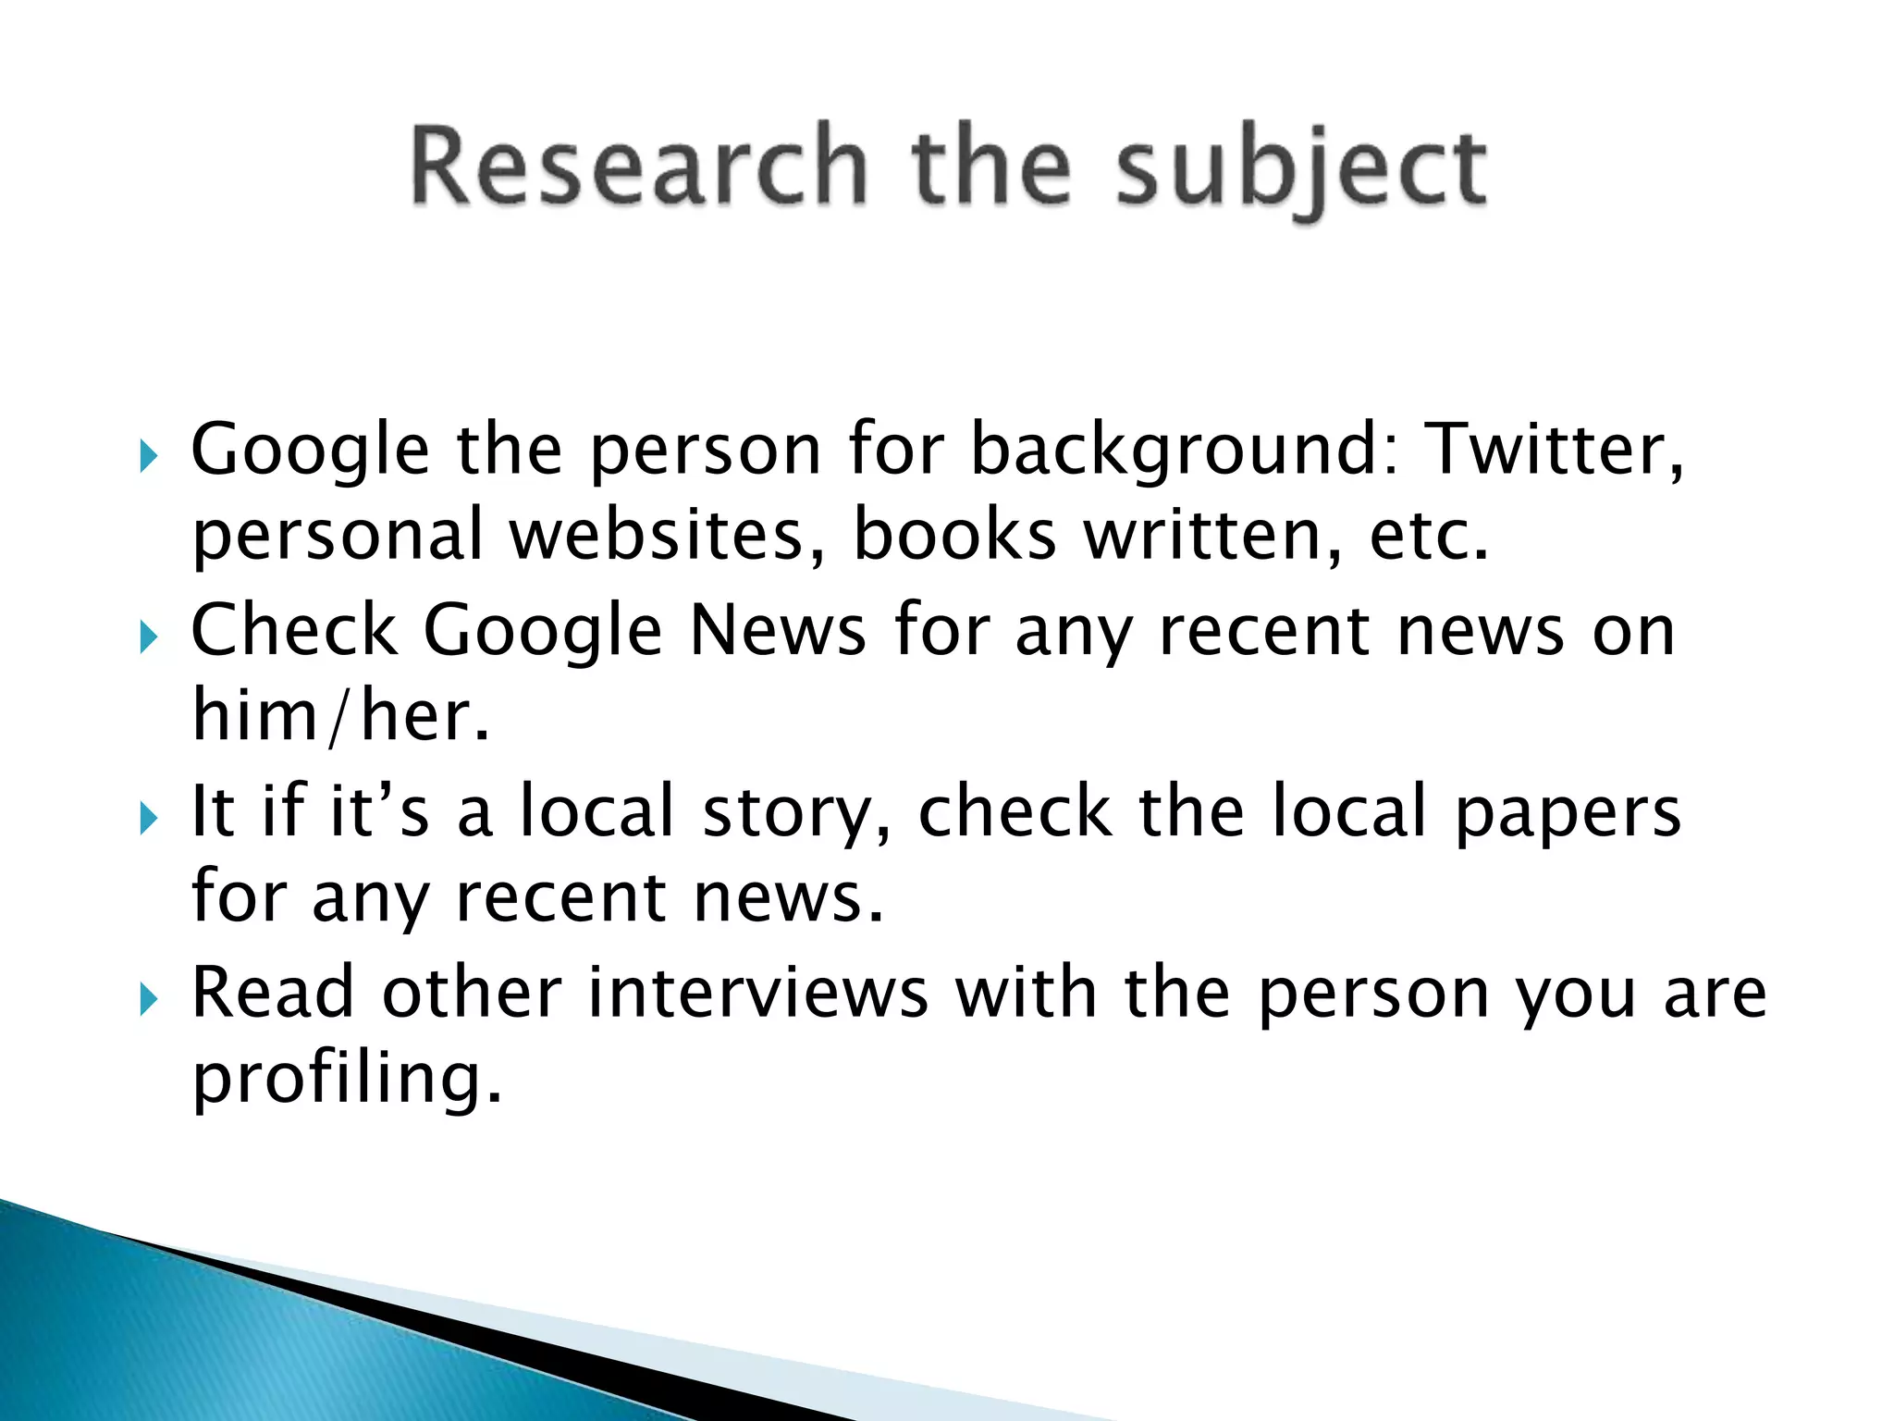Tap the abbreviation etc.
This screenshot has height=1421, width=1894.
1429,537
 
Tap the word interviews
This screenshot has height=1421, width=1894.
757,993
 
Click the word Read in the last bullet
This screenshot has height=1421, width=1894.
273,993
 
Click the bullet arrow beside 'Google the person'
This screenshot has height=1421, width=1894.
149,456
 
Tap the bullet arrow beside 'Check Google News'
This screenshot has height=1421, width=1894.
149,637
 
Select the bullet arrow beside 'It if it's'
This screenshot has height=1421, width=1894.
149,819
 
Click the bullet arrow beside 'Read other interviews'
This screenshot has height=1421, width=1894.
149,999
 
